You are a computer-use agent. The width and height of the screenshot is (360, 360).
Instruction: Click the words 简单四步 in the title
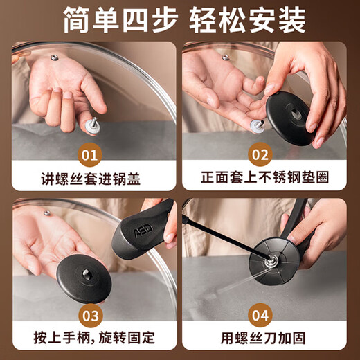pyautogui.click(x=112, y=20)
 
